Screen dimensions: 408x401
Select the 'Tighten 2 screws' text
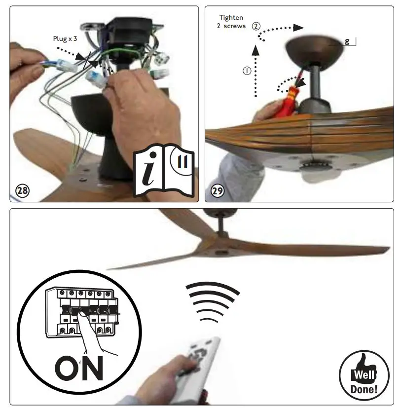[231, 22]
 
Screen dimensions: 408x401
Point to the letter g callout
[347, 42]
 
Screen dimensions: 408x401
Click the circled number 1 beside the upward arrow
[247, 71]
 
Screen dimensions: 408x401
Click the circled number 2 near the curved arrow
[255, 26]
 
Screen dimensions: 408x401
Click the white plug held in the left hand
[62, 64]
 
